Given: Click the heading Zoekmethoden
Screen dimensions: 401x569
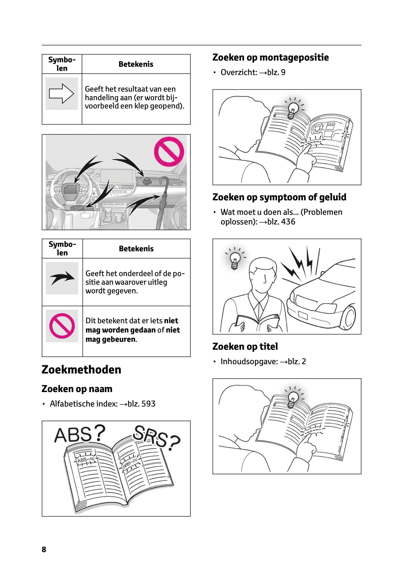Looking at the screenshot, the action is [81, 370].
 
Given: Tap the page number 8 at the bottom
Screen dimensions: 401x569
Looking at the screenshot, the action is [44, 549].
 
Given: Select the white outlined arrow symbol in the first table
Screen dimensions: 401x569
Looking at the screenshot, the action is [62, 94].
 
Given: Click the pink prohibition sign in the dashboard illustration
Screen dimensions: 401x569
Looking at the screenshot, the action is [169, 152].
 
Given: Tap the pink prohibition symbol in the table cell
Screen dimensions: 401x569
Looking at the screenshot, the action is [62, 326].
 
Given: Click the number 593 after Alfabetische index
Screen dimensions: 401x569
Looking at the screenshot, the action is [149, 404].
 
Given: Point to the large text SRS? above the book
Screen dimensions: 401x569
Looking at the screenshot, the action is [156, 438].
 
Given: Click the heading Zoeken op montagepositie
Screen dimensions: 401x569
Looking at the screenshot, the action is [271, 58].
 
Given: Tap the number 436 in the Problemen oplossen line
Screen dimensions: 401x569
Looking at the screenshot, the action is [288, 222].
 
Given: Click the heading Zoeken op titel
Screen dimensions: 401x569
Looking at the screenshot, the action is [245, 347].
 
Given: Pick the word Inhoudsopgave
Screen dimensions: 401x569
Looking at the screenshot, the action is [249, 361].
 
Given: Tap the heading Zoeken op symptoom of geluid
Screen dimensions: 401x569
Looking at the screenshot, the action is [279, 197].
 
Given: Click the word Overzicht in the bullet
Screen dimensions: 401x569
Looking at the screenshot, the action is [238, 72].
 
